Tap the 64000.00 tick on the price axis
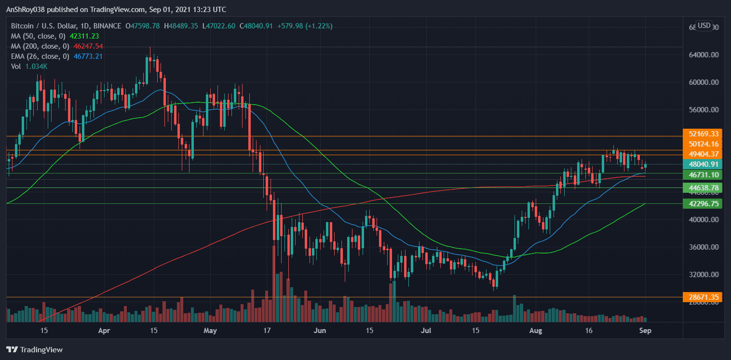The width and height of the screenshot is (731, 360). pyautogui.click(x=704, y=55)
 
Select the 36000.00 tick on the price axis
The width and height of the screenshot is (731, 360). pyautogui.click(x=704, y=247)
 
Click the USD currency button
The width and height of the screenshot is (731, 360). pyautogui.click(x=704, y=26)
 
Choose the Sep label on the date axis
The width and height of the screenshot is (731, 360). pyautogui.click(x=646, y=332)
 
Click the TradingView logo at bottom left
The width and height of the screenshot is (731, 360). pyautogui.click(x=34, y=350)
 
